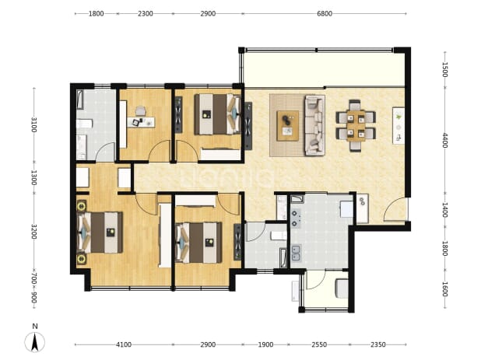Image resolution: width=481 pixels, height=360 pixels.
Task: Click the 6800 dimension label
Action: [x=325, y=13]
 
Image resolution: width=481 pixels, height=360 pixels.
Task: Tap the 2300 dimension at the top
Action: [x=145, y=13]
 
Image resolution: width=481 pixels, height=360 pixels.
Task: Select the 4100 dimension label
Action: [x=124, y=344]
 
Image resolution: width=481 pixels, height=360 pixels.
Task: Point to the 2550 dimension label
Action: [x=319, y=344]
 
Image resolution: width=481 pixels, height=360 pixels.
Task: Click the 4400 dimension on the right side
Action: [x=445, y=140]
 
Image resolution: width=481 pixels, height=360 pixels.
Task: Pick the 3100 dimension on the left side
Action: [x=33, y=124]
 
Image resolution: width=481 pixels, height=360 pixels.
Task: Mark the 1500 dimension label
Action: [x=445, y=69]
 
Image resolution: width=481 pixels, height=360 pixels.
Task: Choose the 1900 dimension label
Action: [x=265, y=344]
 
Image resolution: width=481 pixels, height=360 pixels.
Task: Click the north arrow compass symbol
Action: [x=35, y=342]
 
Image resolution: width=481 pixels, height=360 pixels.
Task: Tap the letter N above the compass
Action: [x=35, y=327]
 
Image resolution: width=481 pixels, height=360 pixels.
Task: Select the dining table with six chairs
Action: [x=356, y=126]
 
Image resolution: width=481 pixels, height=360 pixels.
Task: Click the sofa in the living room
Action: [x=314, y=125]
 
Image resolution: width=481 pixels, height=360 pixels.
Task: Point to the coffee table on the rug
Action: [x=288, y=126]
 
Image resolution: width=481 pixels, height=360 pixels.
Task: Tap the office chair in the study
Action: [x=141, y=111]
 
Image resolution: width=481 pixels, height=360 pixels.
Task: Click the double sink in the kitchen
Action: [x=296, y=253]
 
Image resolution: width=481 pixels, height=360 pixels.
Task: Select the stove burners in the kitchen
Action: [x=296, y=218]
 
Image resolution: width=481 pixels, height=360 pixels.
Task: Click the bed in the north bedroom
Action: [x=217, y=114]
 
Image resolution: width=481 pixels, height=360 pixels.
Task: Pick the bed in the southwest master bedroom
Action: [x=100, y=232]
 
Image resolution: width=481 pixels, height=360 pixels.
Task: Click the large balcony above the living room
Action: [x=324, y=69]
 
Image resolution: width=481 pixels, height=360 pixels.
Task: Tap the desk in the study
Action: [x=141, y=122]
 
